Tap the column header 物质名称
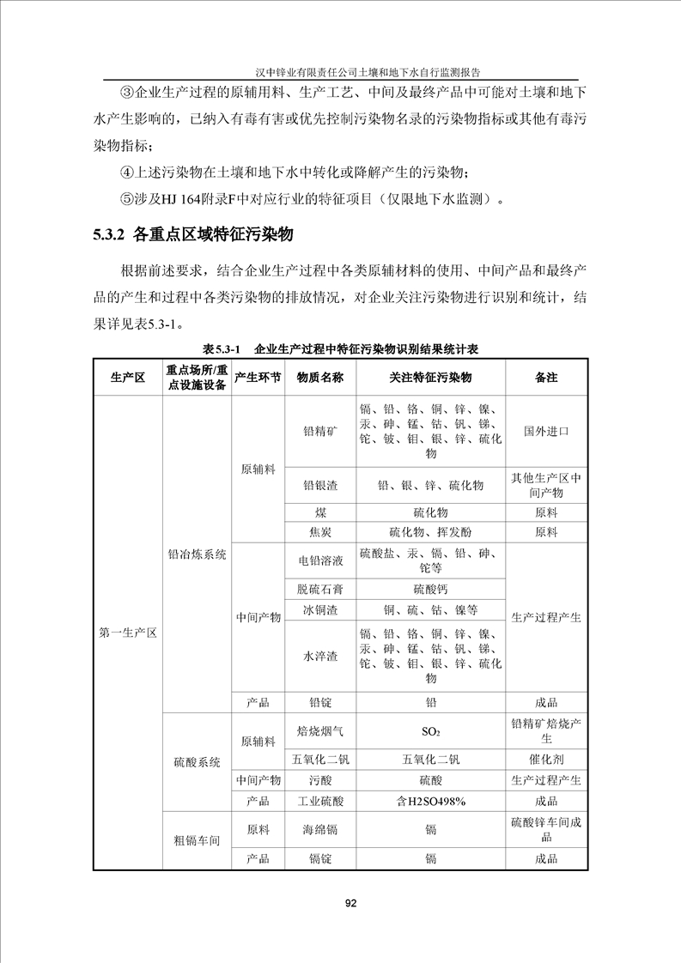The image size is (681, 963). click(319, 378)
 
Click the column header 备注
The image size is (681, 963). click(546, 378)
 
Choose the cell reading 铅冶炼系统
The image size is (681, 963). click(197, 554)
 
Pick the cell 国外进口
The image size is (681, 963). click(546, 432)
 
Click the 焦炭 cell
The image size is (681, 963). click(319, 531)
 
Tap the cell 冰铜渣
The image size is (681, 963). click(319, 610)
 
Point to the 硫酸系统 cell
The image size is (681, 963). click(197, 762)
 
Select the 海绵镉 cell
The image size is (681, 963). click(319, 829)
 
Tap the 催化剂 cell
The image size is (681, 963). click(546, 759)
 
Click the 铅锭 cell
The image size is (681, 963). click(319, 701)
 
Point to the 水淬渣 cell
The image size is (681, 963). click(319, 656)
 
